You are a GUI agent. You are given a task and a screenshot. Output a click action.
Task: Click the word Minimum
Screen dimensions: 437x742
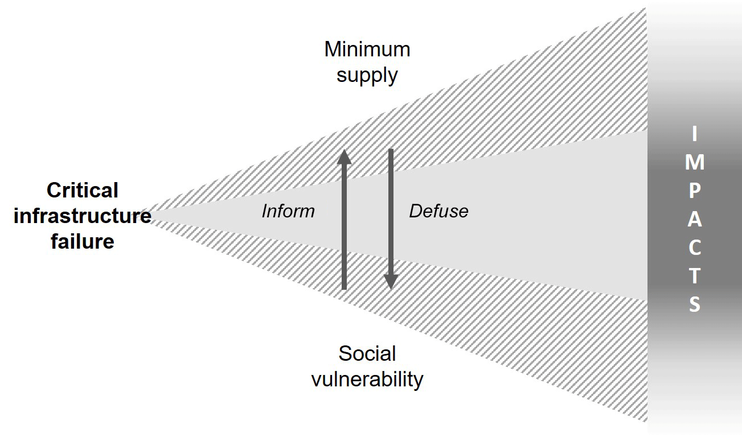(367, 50)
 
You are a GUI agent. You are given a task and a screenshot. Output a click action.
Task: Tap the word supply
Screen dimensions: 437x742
(367, 75)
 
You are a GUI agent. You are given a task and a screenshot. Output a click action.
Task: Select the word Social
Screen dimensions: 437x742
(367, 354)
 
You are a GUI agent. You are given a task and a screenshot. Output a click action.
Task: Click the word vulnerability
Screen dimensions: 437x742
(367, 379)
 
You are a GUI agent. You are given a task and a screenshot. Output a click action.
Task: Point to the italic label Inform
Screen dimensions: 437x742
(288, 211)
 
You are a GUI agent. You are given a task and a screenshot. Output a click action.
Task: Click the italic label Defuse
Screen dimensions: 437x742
(438, 211)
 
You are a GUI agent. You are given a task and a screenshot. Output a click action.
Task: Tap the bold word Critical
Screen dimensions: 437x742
(83, 190)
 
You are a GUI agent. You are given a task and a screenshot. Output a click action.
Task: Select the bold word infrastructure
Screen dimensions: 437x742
(83, 216)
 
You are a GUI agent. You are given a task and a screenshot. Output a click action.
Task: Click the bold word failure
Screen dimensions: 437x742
(83, 241)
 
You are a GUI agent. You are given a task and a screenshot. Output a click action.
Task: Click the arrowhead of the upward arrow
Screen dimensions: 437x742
(345, 156)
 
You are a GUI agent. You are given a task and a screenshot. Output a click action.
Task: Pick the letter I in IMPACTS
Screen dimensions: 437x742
(694, 135)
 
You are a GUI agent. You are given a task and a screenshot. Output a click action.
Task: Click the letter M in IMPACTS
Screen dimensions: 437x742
(694, 163)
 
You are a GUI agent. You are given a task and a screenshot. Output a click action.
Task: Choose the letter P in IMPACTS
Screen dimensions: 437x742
(694, 192)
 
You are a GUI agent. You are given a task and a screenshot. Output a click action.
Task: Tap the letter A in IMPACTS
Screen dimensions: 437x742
(694, 220)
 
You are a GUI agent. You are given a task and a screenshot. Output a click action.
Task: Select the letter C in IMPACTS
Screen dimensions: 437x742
(694, 249)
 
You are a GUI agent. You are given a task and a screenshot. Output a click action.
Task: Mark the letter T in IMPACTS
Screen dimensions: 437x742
(694, 277)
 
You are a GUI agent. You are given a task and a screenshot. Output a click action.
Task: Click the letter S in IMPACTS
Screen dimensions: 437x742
(694, 306)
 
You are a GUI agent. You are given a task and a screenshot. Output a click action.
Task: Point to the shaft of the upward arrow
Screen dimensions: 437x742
(345, 228)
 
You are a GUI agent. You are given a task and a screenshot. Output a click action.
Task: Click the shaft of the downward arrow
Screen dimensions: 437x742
(391, 211)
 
